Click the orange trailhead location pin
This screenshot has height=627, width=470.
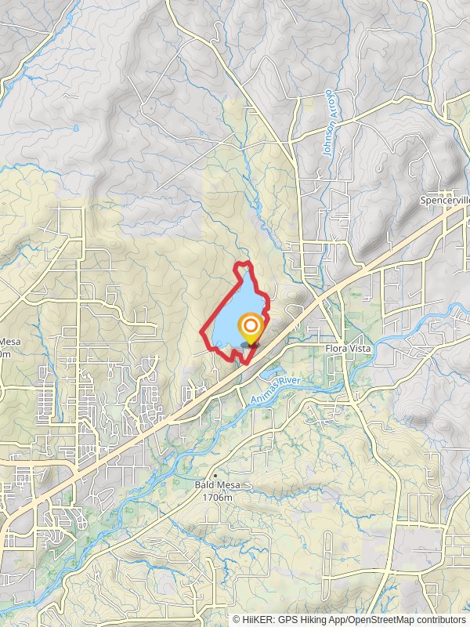pyautogui.click(x=251, y=328)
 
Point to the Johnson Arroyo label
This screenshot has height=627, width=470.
pyautogui.click(x=328, y=124)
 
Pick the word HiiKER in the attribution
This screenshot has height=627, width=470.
pyautogui.click(x=258, y=620)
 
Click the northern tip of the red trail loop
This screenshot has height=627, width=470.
pyautogui.click(x=244, y=263)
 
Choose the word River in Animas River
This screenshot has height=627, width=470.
pyautogui.click(x=295, y=382)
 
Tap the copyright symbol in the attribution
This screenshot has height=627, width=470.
pyautogui.click(x=236, y=620)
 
